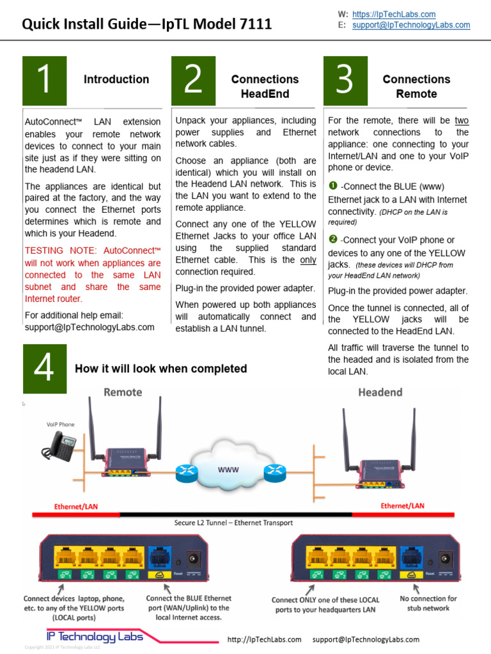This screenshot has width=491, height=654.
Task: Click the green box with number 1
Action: tap(44, 80)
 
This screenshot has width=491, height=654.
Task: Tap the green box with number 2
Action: tap(192, 80)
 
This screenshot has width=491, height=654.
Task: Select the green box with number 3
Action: tap(345, 80)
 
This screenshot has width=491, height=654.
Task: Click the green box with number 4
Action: tap(44, 369)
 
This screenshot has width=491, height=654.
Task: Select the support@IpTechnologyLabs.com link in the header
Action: tap(411, 25)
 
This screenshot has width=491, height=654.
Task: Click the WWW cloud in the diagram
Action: tap(230, 469)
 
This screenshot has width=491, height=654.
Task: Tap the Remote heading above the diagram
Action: tap(123, 392)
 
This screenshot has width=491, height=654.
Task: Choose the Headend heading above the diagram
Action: tap(380, 392)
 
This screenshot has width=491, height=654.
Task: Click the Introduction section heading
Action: tap(116, 79)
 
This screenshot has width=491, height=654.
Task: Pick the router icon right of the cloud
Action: tap(274, 473)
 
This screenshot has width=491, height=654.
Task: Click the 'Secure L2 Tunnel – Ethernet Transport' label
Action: tap(233, 522)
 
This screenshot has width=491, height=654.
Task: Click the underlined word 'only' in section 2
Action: tap(308, 260)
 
